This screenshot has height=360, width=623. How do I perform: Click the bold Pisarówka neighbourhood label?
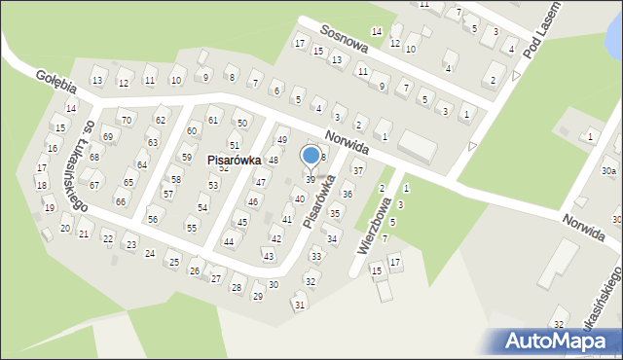pyautogui.click(x=234, y=161)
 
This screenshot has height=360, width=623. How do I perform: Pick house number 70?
pyautogui.click(x=125, y=120)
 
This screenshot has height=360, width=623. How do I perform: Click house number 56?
pyautogui.click(x=153, y=220)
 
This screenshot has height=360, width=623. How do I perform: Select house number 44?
pyautogui.click(x=229, y=241)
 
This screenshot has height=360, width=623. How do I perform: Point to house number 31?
pyautogui.click(x=300, y=306)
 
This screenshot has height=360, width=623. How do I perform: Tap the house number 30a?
pyautogui.click(x=608, y=171)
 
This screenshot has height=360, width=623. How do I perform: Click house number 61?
pyautogui.click(x=213, y=121)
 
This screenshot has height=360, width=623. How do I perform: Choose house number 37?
pyautogui.click(x=357, y=170)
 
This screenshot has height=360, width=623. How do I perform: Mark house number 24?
pyautogui.click(x=150, y=253)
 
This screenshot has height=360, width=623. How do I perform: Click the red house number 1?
pyautogui.click(x=590, y=137)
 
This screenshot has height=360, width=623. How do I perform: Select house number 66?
pyautogui.click(x=121, y=201)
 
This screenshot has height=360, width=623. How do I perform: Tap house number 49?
pyautogui.click(x=281, y=141)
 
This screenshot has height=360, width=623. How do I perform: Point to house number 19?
pyautogui.click(x=49, y=207)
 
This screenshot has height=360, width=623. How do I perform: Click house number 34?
pyautogui.click(x=331, y=238)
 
